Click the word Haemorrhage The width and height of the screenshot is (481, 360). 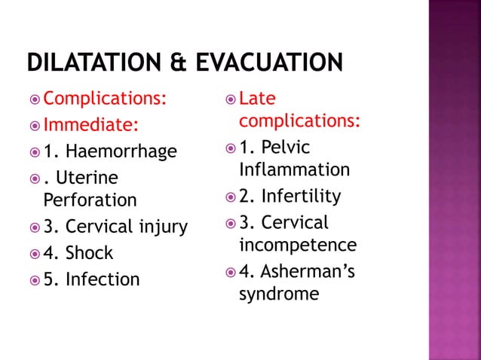click(121, 151)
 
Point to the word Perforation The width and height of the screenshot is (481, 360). click(90, 200)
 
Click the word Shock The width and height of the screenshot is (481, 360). click(89, 253)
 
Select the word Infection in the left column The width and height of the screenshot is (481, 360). click(103, 279)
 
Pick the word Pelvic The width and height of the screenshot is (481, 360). click(286, 147)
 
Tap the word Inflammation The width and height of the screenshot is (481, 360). click(294, 169)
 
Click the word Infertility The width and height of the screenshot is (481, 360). click(301, 197)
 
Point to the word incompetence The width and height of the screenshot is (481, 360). click(298, 245)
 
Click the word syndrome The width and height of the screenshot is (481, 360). click(279, 294)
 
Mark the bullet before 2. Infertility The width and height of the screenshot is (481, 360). click(228, 197)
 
